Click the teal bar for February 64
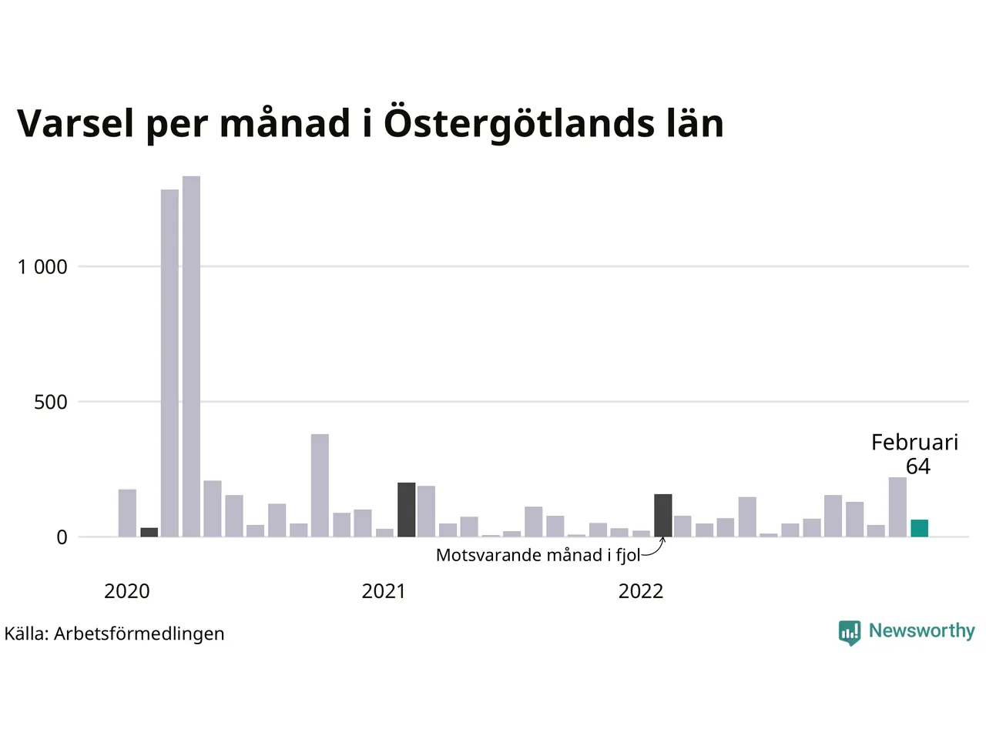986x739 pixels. pyautogui.click(x=919, y=528)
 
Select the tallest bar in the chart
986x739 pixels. pyautogui.click(x=191, y=356)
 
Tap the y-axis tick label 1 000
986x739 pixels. pyautogui.click(x=42, y=267)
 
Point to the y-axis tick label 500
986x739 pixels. pyautogui.click(x=51, y=402)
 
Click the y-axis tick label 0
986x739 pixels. pyautogui.click(x=62, y=537)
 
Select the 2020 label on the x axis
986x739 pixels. pyautogui.click(x=127, y=591)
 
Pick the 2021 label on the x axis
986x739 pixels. pyautogui.click(x=384, y=591)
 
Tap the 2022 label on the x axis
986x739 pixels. pyautogui.click(x=641, y=591)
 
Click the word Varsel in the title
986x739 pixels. pyautogui.click(x=75, y=123)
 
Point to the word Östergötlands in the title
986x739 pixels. pyautogui.click(x=515, y=123)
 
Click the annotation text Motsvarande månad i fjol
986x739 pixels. pyautogui.click(x=538, y=555)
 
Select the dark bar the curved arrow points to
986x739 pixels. pyautogui.click(x=663, y=515)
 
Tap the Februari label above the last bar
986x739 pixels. pyautogui.click(x=914, y=442)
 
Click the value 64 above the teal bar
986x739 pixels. pyautogui.click(x=917, y=466)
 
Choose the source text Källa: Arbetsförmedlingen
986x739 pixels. pyautogui.click(x=115, y=634)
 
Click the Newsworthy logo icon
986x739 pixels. pyautogui.click(x=850, y=632)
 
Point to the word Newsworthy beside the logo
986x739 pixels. pyautogui.click(x=921, y=630)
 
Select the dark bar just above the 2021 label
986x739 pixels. pyautogui.click(x=406, y=510)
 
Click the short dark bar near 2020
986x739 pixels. pyautogui.click(x=149, y=532)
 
